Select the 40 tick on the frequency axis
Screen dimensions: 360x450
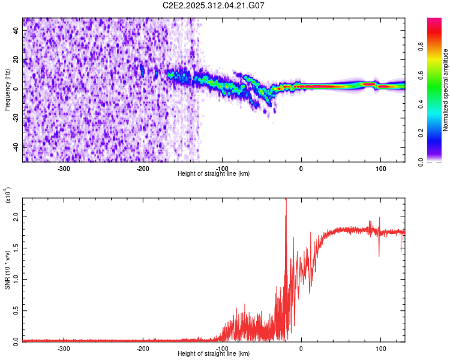pyautogui.click(x=17, y=31)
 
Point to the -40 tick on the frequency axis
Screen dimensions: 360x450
pyautogui.click(x=17, y=146)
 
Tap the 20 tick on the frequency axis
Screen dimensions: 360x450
pyautogui.click(x=17, y=60)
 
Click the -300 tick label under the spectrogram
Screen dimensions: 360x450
pyautogui.click(x=64, y=168)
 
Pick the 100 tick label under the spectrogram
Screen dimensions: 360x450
pyautogui.click(x=380, y=168)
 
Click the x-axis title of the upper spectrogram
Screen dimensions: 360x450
pyautogui.click(x=214, y=174)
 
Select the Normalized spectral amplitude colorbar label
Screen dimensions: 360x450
pyautogui.click(x=446, y=90)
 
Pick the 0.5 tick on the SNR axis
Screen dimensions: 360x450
pyautogui.click(x=17, y=310)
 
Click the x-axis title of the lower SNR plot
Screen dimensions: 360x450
pyautogui.click(x=214, y=354)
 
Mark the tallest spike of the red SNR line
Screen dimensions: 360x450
pyautogui.click(x=286, y=200)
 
